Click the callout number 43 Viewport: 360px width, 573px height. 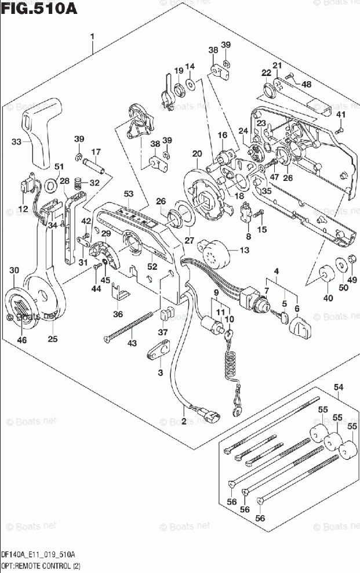133,344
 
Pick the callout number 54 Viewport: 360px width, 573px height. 338,387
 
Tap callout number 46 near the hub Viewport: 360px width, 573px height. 21,340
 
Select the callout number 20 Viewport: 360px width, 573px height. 197,154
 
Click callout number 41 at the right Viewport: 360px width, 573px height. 341,114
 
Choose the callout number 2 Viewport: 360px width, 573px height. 184,421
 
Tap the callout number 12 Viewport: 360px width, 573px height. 23,209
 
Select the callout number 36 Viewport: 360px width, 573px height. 118,314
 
